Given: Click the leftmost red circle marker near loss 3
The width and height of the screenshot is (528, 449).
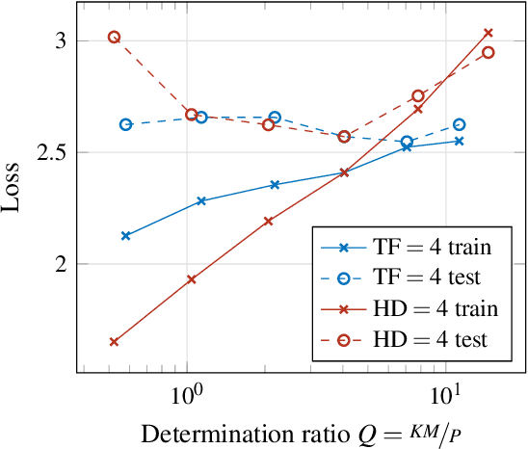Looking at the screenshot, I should (114, 37).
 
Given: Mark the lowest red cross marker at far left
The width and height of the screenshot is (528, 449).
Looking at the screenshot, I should (114, 341).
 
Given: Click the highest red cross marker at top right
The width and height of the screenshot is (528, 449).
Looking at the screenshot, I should (488, 33).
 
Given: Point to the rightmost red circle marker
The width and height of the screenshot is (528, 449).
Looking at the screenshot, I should (488, 52).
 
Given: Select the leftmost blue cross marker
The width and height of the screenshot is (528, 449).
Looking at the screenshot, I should (125, 235).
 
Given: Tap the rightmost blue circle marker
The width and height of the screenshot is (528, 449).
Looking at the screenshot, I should (459, 124).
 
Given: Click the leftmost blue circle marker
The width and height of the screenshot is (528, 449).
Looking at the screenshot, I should (125, 124).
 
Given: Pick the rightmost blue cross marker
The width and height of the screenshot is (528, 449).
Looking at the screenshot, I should (459, 141).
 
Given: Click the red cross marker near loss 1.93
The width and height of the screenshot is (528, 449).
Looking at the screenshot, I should (191, 279).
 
